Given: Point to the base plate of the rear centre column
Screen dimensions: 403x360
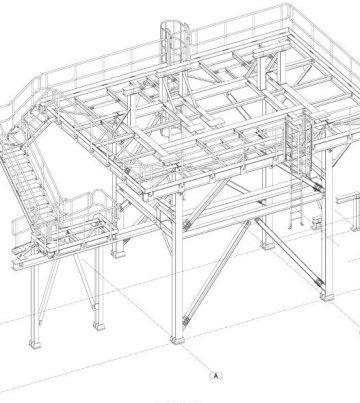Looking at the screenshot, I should [x=263, y=246].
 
